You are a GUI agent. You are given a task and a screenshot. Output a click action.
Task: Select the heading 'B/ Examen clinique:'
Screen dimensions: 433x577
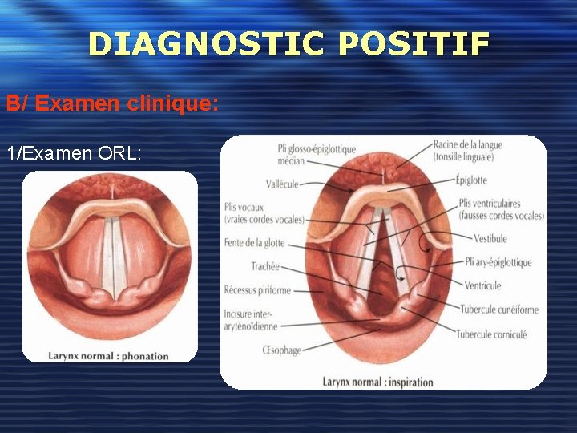(x=112, y=103)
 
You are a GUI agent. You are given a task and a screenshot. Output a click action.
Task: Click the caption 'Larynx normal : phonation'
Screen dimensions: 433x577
(x=109, y=356)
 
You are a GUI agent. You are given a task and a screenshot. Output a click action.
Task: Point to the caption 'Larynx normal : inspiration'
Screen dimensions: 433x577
(x=377, y=382)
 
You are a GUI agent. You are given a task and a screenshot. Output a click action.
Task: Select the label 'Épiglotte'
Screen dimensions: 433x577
(x=471, y=180)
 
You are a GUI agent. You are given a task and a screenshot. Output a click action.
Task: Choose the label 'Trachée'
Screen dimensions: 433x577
(x=265, y=267)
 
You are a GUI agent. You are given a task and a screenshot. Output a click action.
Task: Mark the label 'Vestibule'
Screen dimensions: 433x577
(x=490, y=238)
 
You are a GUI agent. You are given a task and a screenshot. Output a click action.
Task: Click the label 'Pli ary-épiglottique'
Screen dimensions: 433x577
(x=498, y=262)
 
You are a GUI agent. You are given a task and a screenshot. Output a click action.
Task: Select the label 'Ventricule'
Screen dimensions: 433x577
(x=482, y=285)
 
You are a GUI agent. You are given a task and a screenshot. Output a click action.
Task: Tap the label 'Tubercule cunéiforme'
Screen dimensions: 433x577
(x=499, y=310)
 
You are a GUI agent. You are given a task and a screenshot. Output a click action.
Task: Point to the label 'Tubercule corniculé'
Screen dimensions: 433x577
(x=492, y=334)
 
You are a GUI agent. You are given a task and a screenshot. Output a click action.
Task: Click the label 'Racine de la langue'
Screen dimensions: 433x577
(x=467, y=145)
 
